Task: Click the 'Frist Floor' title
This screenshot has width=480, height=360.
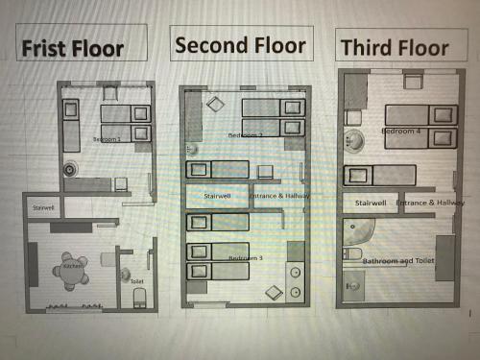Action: (x=73, y=47)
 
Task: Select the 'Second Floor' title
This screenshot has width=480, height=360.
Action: (x=240, y=44)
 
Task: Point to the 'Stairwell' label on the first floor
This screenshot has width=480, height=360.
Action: (x=44, y=207)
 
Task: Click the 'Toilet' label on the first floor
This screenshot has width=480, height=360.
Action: (x=136, y=280)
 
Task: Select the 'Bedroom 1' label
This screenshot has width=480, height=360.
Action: (x=107, y=139)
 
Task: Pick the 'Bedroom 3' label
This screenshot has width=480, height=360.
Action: (x=245, y=257)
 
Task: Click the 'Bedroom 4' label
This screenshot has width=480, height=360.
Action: (x=400, y=131)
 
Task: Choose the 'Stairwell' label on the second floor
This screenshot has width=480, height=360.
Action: (x=218, y=196)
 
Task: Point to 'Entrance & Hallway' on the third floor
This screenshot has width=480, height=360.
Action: (x=430, y=204)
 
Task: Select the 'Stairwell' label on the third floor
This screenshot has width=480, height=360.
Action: (x=371, y=204)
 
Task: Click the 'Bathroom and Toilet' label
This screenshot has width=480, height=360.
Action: (x=399, y=260)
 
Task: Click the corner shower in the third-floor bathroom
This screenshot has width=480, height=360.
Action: (x=356, y=231)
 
